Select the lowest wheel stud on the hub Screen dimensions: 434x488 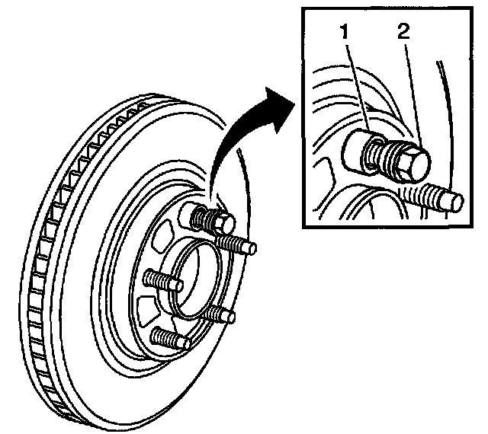point(171,338)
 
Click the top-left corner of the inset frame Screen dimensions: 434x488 point(303,10)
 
